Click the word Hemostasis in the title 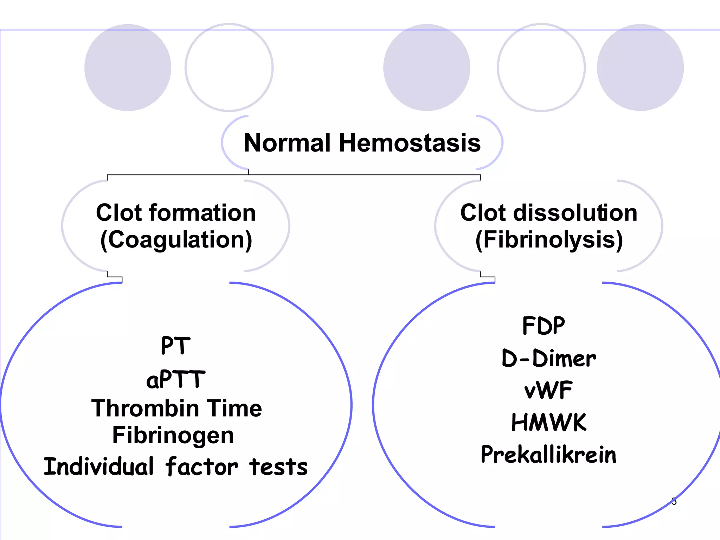(410, 143)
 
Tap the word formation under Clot (202, 213)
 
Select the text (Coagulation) (176, 240)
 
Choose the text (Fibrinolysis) (549, 240)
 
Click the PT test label (175, 346)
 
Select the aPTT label (175, 379)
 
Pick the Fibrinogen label (173, 436)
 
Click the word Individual (99, 467)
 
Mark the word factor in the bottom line (201, 467)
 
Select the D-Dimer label (548, 358)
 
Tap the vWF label (548, 390)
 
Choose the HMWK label (548, 422)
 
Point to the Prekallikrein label (548, 454)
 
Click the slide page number (674, 501)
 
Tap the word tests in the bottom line (278, 467)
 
